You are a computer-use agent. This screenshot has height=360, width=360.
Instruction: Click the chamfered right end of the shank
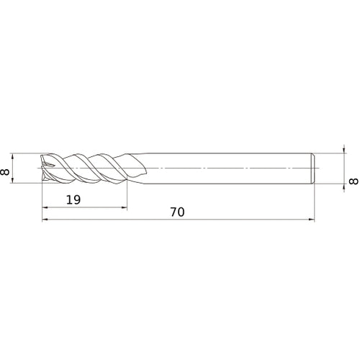coord(313,168)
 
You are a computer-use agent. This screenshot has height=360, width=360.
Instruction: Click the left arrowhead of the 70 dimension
coord(46,220)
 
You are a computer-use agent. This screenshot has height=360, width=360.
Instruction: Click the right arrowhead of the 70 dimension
coord(312,220)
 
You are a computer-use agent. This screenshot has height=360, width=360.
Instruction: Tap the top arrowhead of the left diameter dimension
coord(15,156)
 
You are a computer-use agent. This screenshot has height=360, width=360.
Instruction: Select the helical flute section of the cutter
coord(86,168)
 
